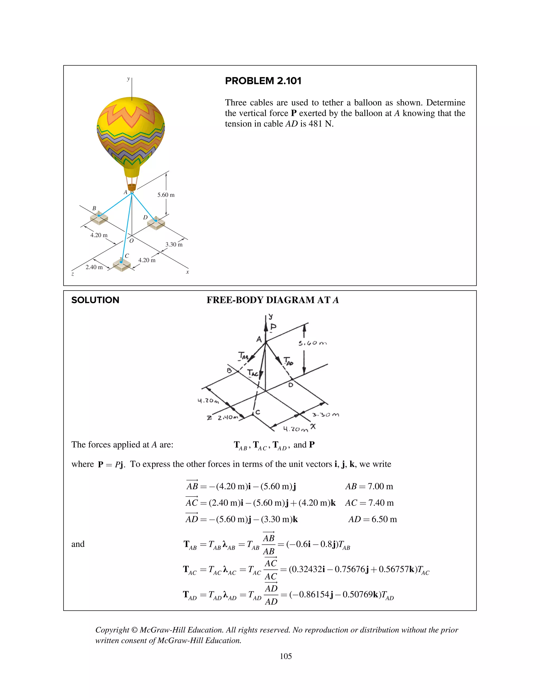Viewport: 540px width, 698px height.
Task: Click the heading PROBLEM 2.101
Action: (x=263, y=81)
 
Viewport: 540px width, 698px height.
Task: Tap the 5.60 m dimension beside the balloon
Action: (x=166, y=195)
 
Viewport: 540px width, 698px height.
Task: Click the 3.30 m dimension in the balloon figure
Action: (x=174, y=244)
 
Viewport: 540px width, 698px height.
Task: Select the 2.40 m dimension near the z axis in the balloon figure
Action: (x=94, y=267)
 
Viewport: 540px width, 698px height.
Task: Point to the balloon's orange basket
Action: (x=132, y=187)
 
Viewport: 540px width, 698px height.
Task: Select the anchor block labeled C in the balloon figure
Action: (x=122, y=265)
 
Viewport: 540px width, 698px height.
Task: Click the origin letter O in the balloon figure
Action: (x=131, y=241)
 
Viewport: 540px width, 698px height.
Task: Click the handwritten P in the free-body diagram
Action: (x=273, y=327)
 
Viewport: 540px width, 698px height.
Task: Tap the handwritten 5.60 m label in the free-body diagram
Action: (x=312, y=343)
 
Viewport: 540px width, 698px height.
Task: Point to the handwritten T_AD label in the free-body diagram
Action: (x=288, y=361)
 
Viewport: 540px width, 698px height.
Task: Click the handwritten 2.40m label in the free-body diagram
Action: (x=228, y=417)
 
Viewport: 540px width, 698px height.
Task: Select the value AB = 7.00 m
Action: (x=369, y=486)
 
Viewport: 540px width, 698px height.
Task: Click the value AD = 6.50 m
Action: (x=372, y=519)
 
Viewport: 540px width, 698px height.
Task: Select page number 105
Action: (x=286, y=656)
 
